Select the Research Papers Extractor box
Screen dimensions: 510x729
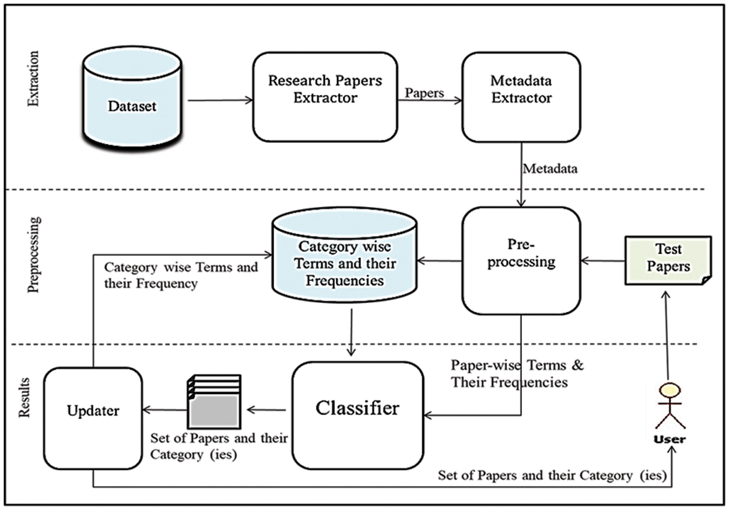(325, 97)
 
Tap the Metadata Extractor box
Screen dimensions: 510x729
(521, 97)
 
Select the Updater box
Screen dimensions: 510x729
(93, 419)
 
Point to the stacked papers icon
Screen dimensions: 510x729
(213, 402)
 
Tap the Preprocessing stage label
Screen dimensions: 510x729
(34, 254)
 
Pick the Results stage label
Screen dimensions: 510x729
(24, 396)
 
